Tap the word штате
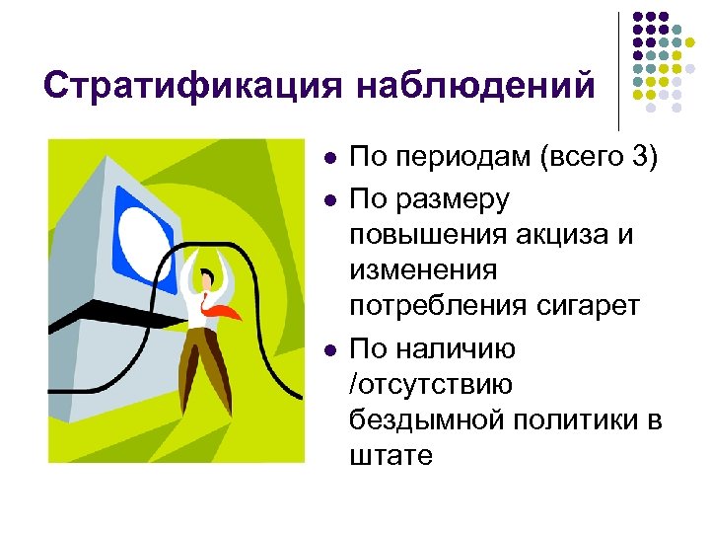pyautogui.click(x=390, y=457)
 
